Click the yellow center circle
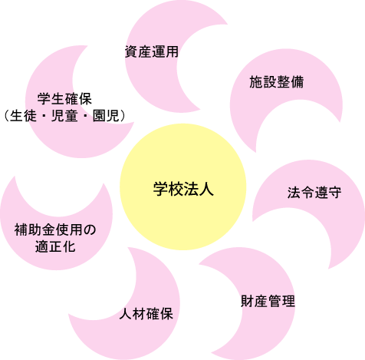(x=183, y=187)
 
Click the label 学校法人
(x=183, y=189)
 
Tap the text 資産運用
(x=152, y=51)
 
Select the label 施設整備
(x=277, y=82)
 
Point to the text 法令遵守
(x=314, y=193)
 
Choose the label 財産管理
(x=268, y=301)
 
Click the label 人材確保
(x=146, y=314)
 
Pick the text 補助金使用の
(x=55, y=230)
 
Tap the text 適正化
(x=55, y=246)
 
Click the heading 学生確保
(x=64, y=99)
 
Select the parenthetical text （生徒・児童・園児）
(x=64, y=116)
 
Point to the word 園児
(x=106, y=116)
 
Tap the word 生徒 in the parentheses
(x=23, y=116)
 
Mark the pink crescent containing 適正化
(x=56, y=238)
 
